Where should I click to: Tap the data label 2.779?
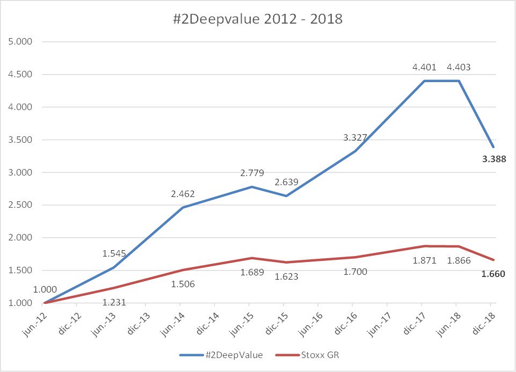point(251,173)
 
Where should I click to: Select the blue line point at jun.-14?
point(180,207)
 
